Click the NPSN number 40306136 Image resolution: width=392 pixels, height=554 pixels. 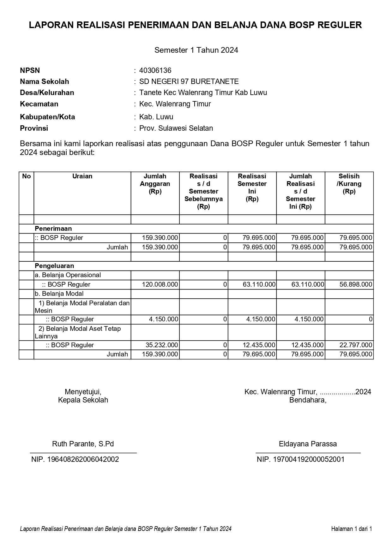pos(155,70)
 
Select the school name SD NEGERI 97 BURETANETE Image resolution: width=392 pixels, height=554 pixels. pos(189,81)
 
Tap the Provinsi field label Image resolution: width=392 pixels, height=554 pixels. pos(34,128)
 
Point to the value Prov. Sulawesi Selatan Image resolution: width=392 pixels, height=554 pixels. pos(176,128)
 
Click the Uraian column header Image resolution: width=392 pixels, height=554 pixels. pos(82,176)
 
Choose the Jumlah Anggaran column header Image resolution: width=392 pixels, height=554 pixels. pos(155,184)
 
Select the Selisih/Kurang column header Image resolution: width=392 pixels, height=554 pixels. pos(349,184)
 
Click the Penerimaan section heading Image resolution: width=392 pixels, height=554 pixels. pos(53,229)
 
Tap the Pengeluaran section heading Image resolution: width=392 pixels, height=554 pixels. pos(54,266)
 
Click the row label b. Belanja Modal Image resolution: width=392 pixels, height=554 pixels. pos(59,294)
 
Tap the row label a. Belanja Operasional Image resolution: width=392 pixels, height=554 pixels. pos(68,275)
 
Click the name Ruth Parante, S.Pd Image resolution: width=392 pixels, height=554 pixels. pos(83,444)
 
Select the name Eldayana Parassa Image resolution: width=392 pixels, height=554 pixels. pos(308,444)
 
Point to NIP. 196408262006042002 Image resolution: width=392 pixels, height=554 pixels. pos(75,459)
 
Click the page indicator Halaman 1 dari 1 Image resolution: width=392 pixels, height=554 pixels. pos(351,529)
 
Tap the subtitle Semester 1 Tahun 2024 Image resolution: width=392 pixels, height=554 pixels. pos(196,50)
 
